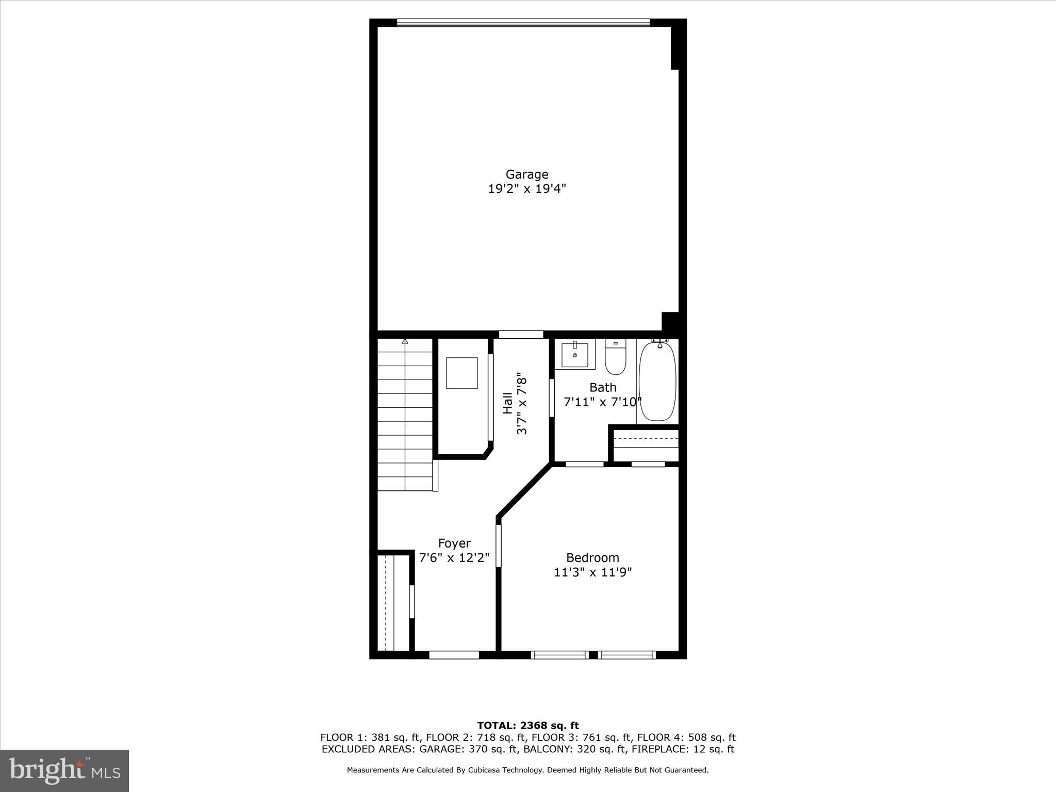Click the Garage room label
pos(526,174)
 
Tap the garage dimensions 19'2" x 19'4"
pos(526,189)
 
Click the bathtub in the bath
pos(657,381)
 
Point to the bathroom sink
pos(574,354)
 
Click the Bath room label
pos(603,387)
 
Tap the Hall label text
pos(508,403)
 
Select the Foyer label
pos(454,543)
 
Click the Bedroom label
pos(592,557)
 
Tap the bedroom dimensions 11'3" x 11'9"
pos(592,572)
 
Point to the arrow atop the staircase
pos(405,341)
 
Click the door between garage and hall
pos(521,335)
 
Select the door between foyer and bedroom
pos(499,546)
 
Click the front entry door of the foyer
pos(454,655)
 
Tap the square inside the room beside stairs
pos(461,373)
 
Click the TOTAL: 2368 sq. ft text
pos(527,725)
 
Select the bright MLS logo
pos(64,770)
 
